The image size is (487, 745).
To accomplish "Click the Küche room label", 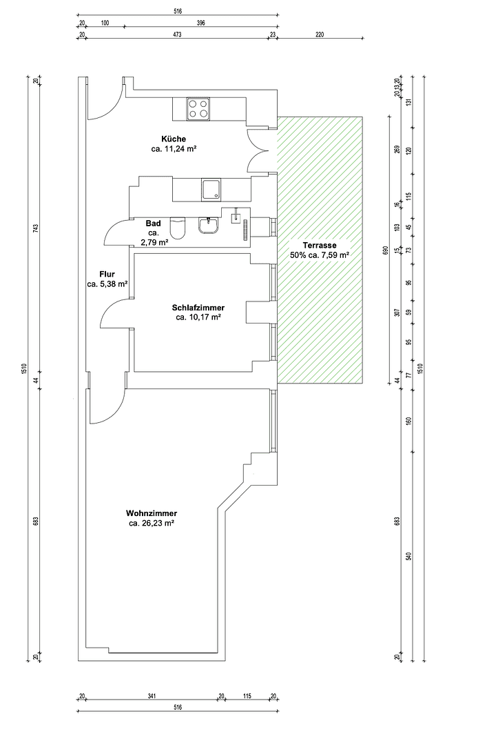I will point(173,139).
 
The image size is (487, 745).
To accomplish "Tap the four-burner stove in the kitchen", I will point(198,108).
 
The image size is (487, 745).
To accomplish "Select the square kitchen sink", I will point(211,189).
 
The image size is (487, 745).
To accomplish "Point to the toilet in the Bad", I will point(178,228).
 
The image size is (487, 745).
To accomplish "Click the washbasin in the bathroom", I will point(207,225).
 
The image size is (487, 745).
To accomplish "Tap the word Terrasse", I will point(320,245).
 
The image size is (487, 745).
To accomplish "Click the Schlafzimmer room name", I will point(198,308).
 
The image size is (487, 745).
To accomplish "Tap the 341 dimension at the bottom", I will point(152,696).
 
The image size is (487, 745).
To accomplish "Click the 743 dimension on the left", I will point(37,228).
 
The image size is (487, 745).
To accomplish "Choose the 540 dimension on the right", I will point(408,555).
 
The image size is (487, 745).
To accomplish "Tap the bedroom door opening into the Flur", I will point(114,315).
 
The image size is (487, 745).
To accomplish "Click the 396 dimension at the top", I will point(200,23).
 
